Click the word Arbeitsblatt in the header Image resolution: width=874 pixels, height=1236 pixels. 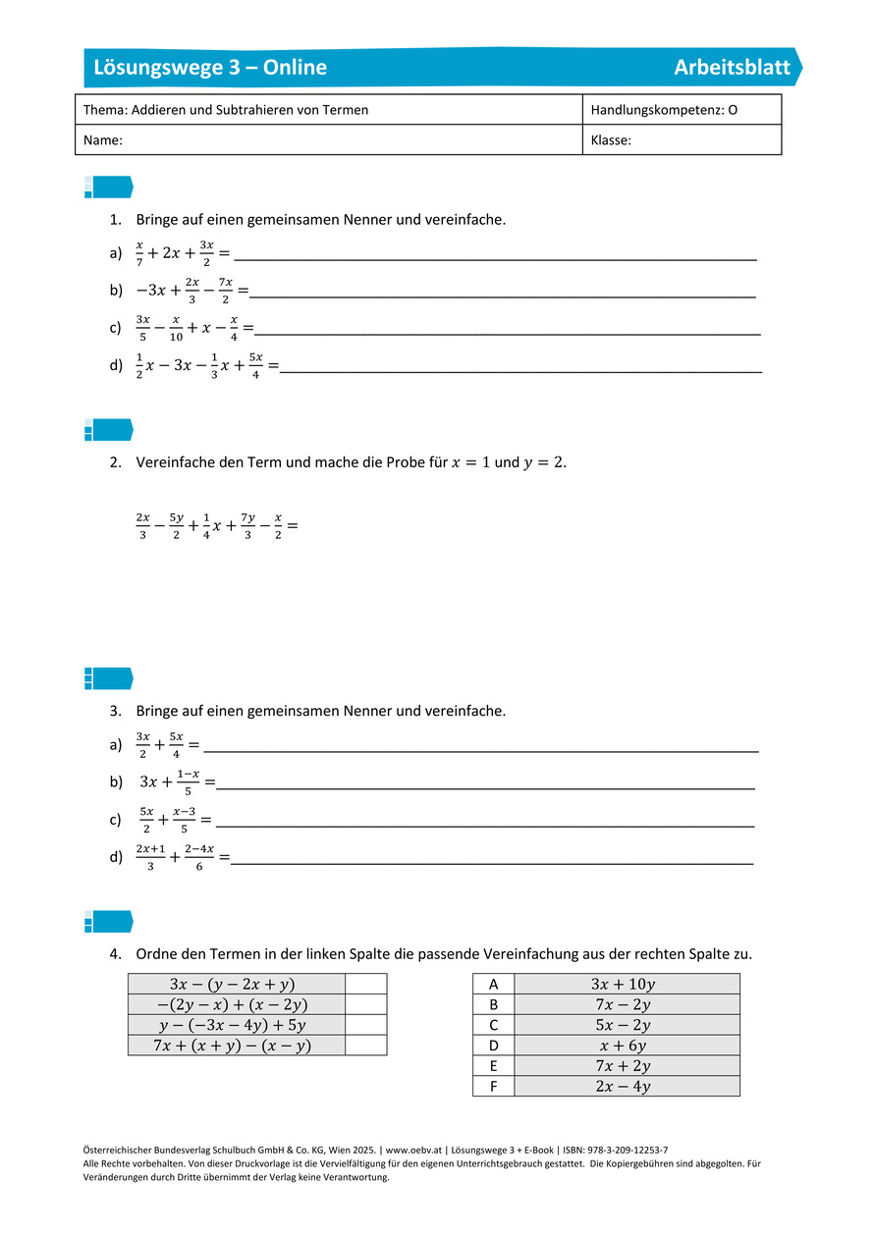(x=732, y=68)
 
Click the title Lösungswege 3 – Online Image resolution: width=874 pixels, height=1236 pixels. (x=210, y=68)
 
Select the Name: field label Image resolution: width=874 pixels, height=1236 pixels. (x=103, y=140)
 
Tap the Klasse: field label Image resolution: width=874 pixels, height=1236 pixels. (x=611, y=140)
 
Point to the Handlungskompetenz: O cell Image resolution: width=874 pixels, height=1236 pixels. (x=664, y=110)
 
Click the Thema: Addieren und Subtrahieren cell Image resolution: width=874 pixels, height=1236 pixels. (x=226, y=110)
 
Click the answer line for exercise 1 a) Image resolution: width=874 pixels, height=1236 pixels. (x=496, y=257)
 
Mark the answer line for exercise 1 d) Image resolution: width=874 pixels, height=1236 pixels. (x=520, y=370)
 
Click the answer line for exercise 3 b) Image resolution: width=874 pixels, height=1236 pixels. (x=486, y=786)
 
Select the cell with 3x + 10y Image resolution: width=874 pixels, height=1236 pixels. (x=626, y=984)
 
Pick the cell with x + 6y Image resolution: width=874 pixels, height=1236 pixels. (x=626, y=1046)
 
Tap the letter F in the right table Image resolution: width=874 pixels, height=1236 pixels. (x=493, y=1086)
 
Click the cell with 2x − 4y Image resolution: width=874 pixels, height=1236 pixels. (x=626, y=1086)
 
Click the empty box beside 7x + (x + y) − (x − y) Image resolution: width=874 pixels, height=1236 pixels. (x=365, y=1046)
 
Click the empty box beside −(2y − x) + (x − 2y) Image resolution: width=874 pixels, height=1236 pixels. (x=365, y=1004)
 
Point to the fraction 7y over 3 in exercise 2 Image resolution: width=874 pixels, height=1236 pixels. (x=248, y=526)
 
